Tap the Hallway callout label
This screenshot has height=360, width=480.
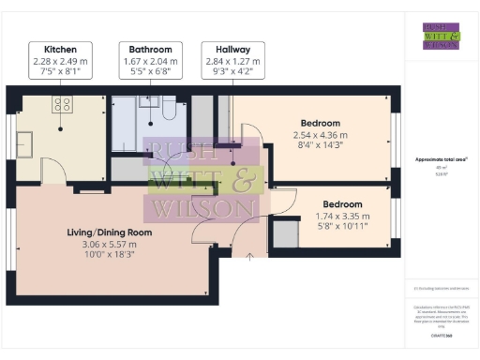pyautogui.click(x=232, y=49)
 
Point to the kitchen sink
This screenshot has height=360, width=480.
pyautogui.click(x=25, y=143)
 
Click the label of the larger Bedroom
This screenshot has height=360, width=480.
pyautogui.click(x=320, y=123)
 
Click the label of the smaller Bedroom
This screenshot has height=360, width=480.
pyautogui.click(x=342, y=203)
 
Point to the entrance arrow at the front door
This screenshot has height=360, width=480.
pyautogui.click(x=249, y=255)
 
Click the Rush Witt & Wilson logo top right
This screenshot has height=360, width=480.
pyautogui.click(x=441, y=36)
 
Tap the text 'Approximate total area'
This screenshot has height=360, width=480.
pyautogui.click(x=441, y=160)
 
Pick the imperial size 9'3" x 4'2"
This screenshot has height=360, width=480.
pyautogui.click(x=232, y=69)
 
